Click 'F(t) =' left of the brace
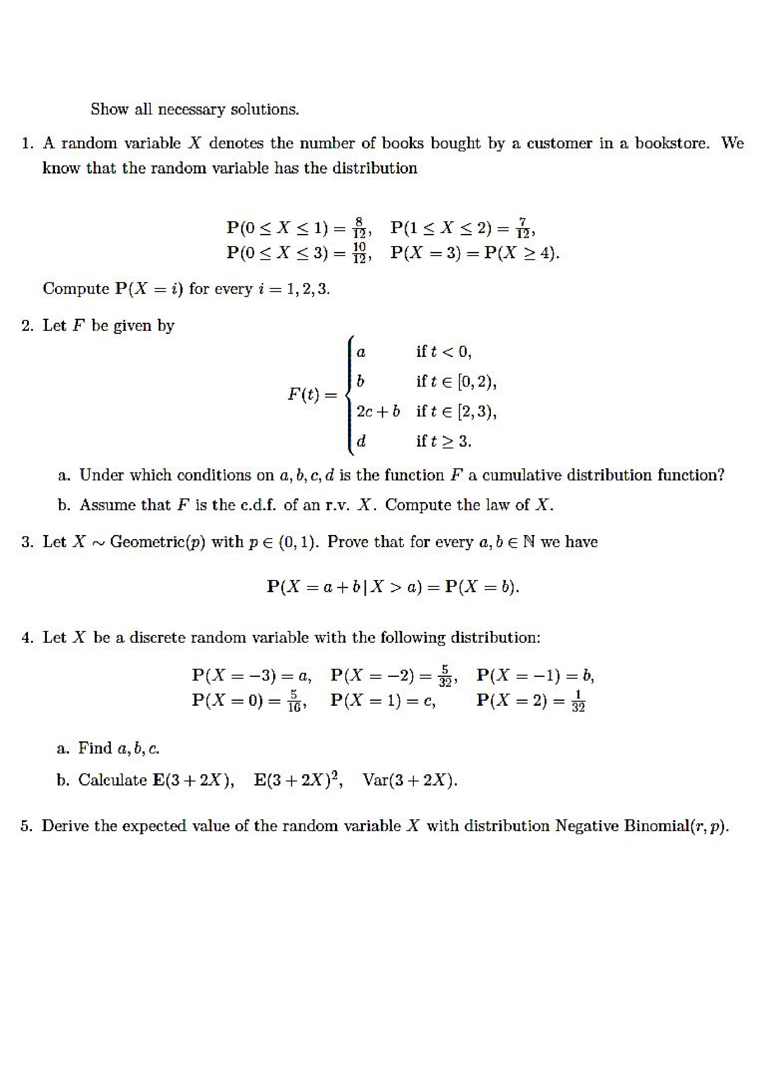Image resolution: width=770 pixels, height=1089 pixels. tap(312, 394)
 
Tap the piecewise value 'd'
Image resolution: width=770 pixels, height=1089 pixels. tap(361, 441)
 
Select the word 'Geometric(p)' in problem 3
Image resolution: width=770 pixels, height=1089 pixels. tap(157, 542)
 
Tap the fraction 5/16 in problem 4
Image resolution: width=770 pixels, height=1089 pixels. tap(294, 700)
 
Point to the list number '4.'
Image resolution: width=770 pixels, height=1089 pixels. tap(27, 637)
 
